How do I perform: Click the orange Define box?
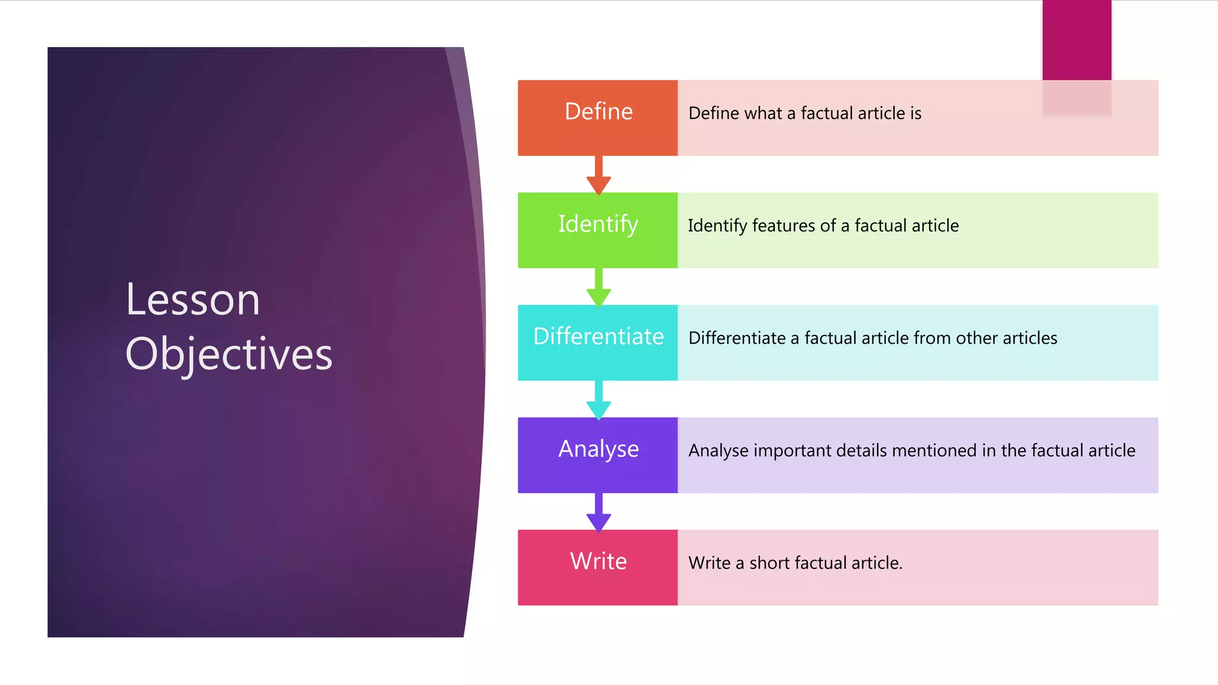(x=598, y=118)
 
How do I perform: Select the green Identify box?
(x=598, y=230)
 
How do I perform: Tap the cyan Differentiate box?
(x=598, y=342)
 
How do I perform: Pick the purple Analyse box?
(x=598, y=455)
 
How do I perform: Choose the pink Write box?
(x=598, y=567)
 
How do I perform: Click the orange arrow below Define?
(x=599, y=175)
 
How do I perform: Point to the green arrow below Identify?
(x=599, y=288)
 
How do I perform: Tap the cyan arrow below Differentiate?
(x=599, y=400)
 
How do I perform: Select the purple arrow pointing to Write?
(x=599, y=513)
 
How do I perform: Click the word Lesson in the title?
(x=193, y=299)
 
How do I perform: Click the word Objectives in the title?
(x=229, y=354)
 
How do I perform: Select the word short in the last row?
(x=770, y=563)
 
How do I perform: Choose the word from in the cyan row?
(x=933, y=338)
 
